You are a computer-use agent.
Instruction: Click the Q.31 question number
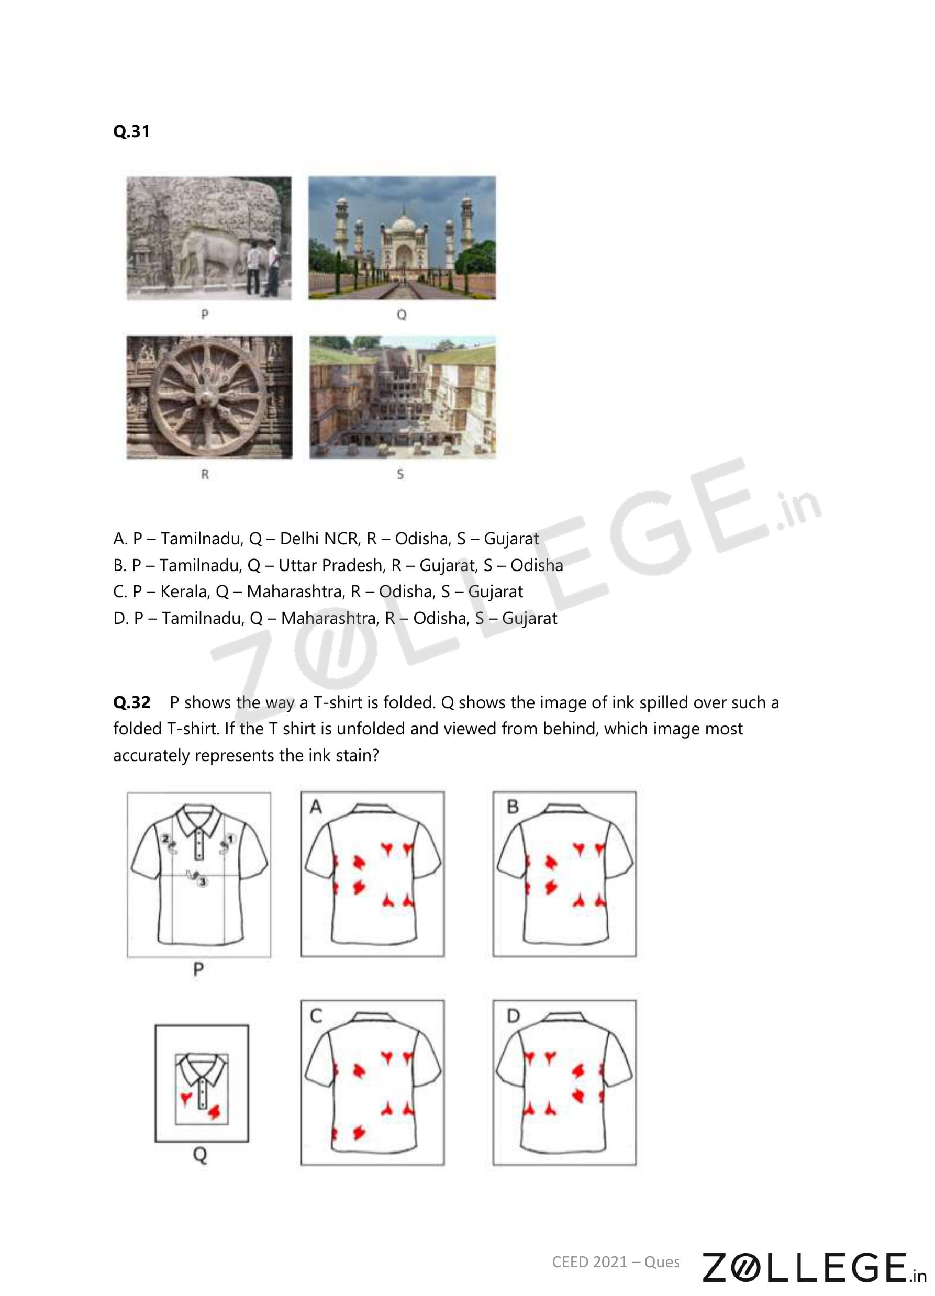[131, 131]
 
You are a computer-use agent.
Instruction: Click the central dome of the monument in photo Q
[403, 225]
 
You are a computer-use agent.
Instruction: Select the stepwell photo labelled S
[403, 397]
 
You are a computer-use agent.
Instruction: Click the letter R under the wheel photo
[205, 474]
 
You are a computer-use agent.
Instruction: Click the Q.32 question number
[131, 702]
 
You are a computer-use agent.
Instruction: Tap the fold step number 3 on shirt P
[202, 882]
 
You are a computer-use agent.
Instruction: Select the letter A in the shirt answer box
[316, 806]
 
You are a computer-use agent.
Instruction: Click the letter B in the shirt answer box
[513, 806]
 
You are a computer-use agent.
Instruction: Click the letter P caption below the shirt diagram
[198, 970]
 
